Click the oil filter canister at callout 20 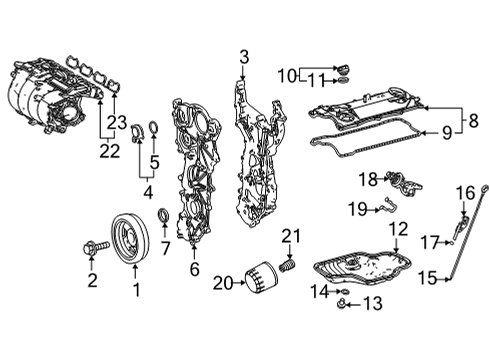(x=261, y=278)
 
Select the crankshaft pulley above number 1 (x=130, y=239)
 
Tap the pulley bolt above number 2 (x=96, y=248)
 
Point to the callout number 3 (x=244, y=57)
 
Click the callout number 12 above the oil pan (x=399, y=229)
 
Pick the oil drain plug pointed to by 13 (x=341, y=304)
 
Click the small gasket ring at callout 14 (x=345, y=292)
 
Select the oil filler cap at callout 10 (x=342, y=69)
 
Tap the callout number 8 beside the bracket (x=474, y=120)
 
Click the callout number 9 (x=447, y=133)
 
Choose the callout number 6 (x=194, y=269)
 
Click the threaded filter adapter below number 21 (x=288, y=265)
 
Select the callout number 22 (x=110, y=151)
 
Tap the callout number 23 (x=117, y=122)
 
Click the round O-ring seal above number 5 (x=154, y=128)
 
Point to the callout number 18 (x=368, y=180)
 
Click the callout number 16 (x=465, y=193)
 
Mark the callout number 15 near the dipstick (x=428, y=278)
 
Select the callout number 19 (x=357, y=209)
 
